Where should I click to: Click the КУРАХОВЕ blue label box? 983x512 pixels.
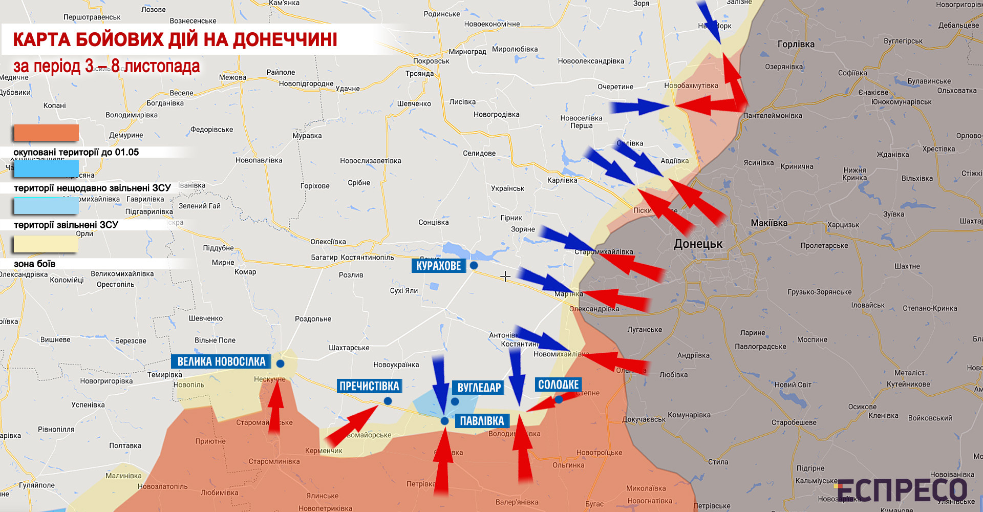(x=438, y=266)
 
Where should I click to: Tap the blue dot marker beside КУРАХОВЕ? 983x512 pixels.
(x=474, y=265)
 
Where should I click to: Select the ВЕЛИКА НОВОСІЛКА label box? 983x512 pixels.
(x=221, y=361)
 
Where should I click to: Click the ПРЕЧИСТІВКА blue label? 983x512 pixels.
(x=369, y=386)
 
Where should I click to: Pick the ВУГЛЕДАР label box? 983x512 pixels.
(x=479, y=388)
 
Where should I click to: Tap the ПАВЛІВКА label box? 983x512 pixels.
(x=481, y=421)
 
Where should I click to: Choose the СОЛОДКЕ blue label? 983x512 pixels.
(x=558, y=385)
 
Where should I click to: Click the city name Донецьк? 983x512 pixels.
(x=698, y=244)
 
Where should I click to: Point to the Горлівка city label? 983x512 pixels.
(x=796, y=44)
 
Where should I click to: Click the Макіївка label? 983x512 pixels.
(x=769, y=223)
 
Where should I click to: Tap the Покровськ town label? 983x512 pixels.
(x=431, y=61)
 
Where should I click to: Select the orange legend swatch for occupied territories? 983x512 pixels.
(x=46, y=133)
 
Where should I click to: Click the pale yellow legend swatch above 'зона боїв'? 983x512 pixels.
(x=46, y=244)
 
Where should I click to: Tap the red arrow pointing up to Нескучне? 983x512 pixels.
(x=275, y=407)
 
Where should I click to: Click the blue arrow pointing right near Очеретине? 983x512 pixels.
(x=637, y=107)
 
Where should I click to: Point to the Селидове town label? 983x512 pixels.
(x=479, y=153)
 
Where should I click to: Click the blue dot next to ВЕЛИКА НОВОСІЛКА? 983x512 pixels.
(x=280, y=364)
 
